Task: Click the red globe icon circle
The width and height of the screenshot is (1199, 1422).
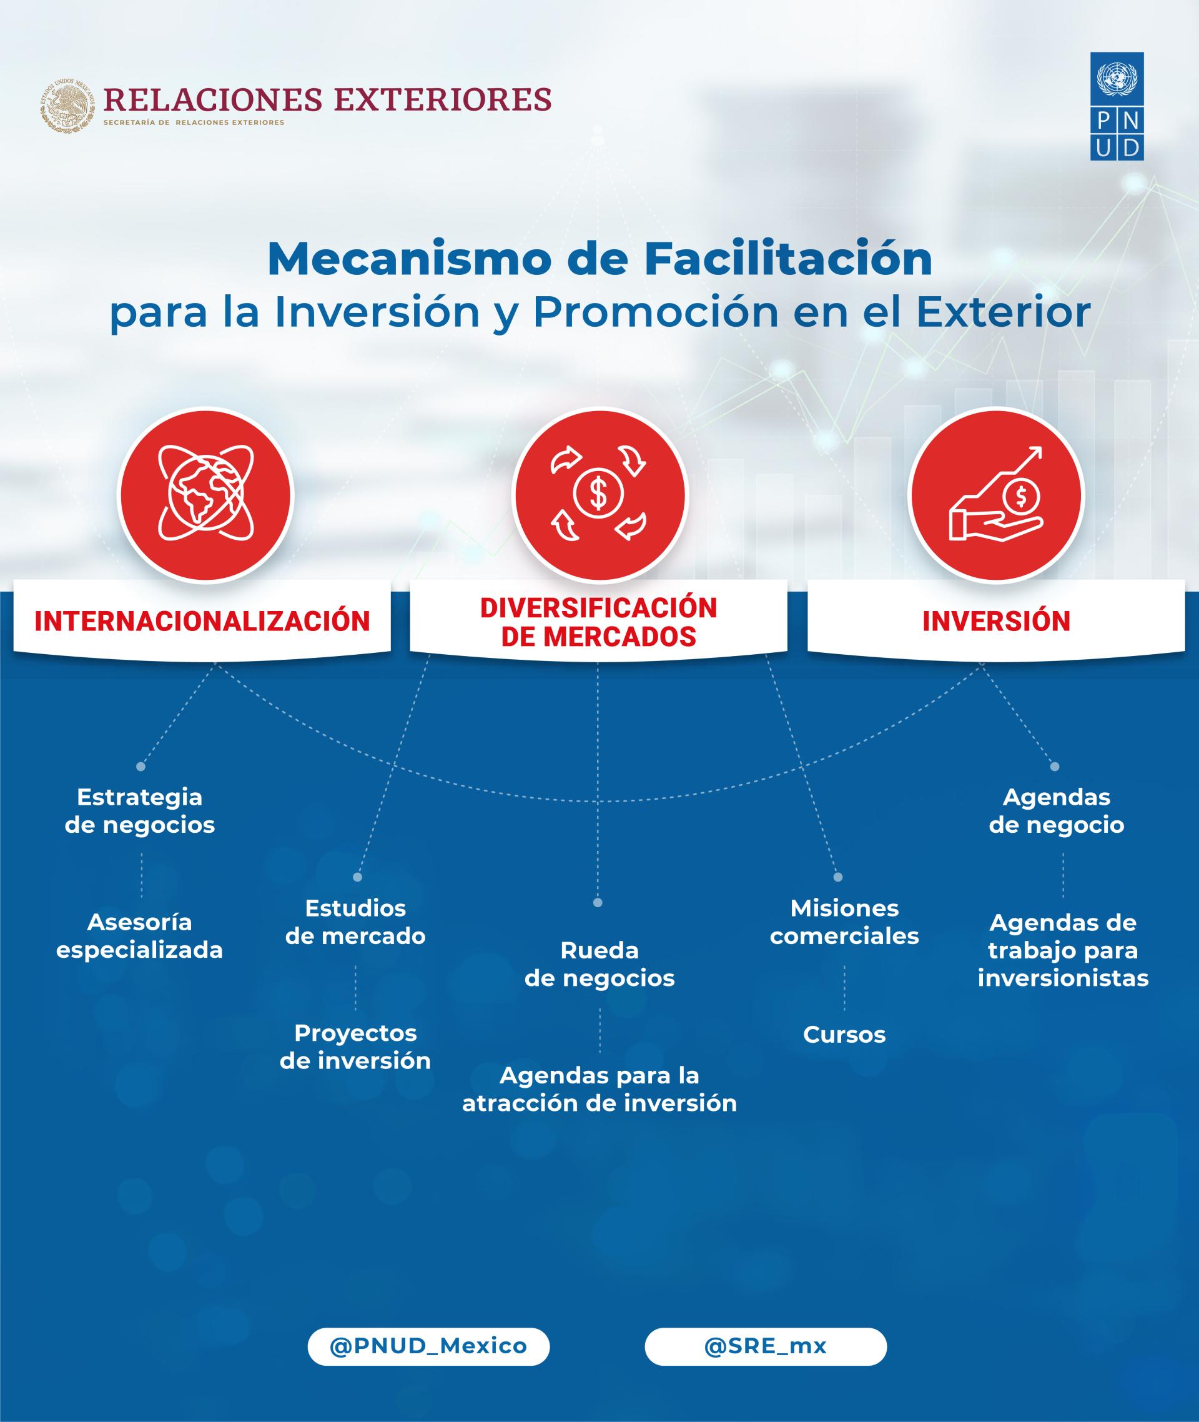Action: click(x=205, y=494)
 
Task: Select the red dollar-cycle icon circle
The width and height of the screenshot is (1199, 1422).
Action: click(x=599, y=494)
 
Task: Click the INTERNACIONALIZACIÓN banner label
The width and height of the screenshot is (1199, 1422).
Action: click(x=202, y=621)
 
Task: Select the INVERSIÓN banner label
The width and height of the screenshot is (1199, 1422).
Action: click(x=996, y=621)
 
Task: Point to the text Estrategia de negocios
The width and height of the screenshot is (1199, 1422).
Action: click(x=140, y=810)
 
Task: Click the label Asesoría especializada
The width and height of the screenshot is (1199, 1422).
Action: click(x=139, y=936)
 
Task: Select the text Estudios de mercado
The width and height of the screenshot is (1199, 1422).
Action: click(x=355, y=922)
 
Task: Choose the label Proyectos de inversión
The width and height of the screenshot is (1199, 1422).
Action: click(x=355, y=1047)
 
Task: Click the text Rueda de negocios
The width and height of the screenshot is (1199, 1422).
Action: click(x=599, y=964)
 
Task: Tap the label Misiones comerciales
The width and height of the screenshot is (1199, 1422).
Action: click(x=844, y=922)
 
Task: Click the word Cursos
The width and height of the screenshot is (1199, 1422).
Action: click(x=844, y=1035)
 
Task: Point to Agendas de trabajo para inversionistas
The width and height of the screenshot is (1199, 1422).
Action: click(x=1063, y=950)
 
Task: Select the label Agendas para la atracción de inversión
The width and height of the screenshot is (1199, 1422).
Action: click(x=599, y=1090)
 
